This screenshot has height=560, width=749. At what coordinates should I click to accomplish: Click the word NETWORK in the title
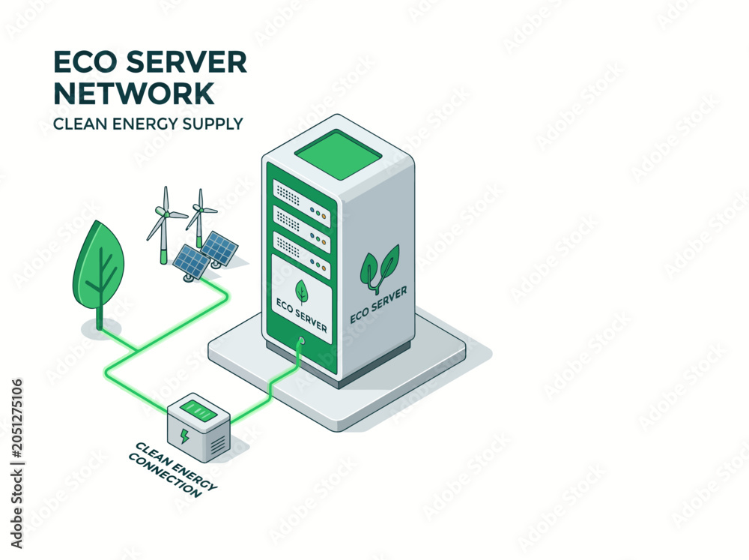pyautogui.click(x=134, y=93)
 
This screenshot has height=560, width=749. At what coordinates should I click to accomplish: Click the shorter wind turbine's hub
pyautogui.click(x=200, y=208)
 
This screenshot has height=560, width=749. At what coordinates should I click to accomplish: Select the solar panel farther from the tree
pyautogui.click(x=219, y=248)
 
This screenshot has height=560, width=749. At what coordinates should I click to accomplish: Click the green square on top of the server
pyautogui.click(x=339, y=156)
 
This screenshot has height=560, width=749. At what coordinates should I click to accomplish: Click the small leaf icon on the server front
pyautogui.click(x=301, y=291)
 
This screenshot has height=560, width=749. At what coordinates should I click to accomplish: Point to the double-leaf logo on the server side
pyautogui.click(x=380, y=268)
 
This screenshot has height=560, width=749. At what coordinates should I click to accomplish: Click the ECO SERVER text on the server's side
pyautogui.click(x=379, y=305)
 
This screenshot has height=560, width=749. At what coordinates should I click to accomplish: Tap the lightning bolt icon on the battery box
pyautogui.click(x=184, y=436)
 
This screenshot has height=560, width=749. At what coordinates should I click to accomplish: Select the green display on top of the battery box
pyautogui.click(x=198, y=410)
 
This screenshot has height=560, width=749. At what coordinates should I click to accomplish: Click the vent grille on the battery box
pyautogui.click(x=217, y=445)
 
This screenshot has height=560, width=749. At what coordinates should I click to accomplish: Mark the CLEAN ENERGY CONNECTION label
pyautogui.click(x=173, y=469)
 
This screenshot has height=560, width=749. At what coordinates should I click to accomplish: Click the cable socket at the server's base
pyautogui.click(x=301, y=341)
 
